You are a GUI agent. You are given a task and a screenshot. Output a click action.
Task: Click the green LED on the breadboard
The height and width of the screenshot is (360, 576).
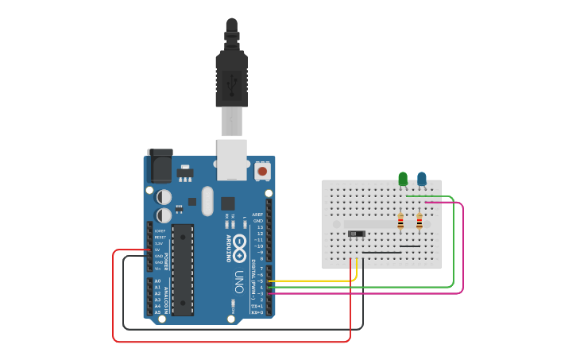(403, 179)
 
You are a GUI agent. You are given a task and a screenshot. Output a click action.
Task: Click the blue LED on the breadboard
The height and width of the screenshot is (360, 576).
(422, 179)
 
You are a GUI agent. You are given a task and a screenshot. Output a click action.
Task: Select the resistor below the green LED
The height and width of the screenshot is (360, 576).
(400, 222)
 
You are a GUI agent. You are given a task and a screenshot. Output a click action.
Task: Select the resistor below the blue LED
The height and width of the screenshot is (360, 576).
(419, 222)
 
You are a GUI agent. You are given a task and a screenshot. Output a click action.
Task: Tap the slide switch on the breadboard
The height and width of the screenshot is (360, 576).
(357, 233)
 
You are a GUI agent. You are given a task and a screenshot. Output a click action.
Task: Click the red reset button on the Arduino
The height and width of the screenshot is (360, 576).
(262, 170)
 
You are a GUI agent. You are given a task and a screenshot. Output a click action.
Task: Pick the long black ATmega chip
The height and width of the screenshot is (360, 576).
(183, 269)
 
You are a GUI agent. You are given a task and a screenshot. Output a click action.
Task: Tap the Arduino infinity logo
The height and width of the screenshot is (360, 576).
(239, 248)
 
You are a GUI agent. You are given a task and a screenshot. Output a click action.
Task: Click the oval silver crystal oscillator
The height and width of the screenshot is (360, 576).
(208, 201)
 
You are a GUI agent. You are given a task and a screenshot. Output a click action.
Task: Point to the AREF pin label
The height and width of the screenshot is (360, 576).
(257, 215)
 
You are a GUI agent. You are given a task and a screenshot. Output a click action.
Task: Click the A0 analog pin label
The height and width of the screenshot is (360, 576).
(157, 281)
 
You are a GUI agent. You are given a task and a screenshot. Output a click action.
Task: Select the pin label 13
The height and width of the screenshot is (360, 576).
(259, 227)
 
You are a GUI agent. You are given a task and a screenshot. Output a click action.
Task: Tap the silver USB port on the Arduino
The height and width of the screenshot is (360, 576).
(232, 158)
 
